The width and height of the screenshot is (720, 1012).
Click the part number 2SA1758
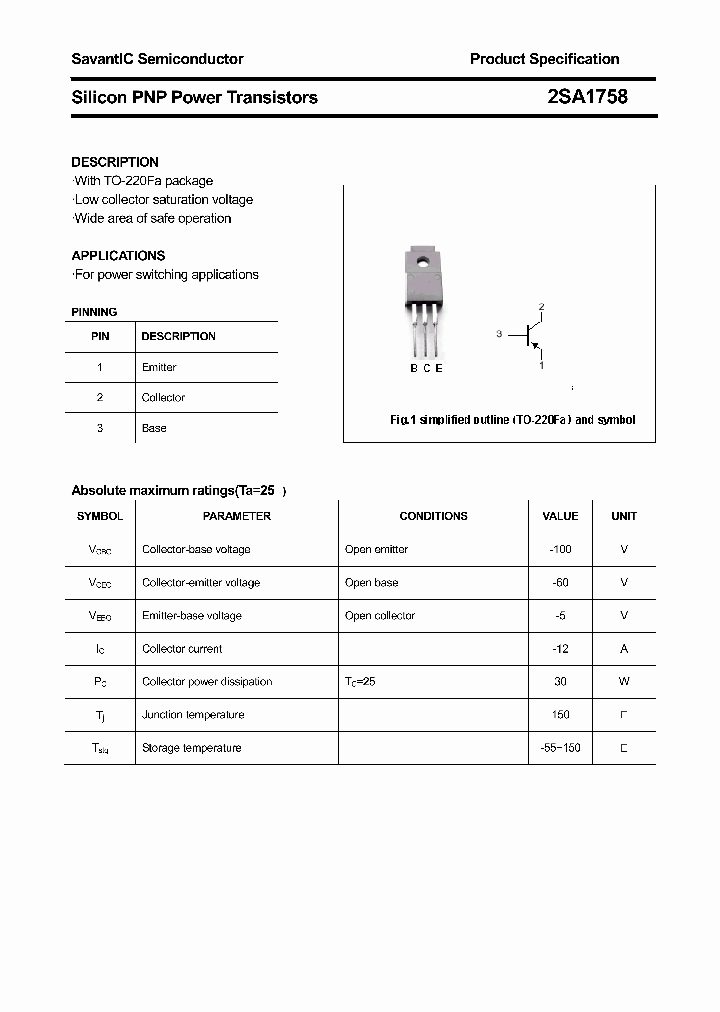coord(587,97)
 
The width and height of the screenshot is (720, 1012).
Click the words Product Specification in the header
coord(544,59)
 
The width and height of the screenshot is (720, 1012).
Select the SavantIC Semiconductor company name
coord(157,59)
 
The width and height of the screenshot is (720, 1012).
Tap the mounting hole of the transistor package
coord(423,264)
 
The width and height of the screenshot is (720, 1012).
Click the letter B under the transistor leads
coord(414,368)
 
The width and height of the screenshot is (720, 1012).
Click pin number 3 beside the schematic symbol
coord(498,334)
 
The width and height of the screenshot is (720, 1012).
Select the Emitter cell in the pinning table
coord(159,367)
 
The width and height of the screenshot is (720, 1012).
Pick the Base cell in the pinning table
coord(154,428)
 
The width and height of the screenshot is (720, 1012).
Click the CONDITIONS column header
coord(433,516)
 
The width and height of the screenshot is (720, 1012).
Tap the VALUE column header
coord(560,516)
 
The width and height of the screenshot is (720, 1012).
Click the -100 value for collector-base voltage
coord(560,549)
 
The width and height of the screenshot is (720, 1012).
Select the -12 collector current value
coord(560,648)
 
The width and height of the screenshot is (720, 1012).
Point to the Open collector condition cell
coord(380,615)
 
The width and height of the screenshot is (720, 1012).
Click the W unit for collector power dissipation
coord(624,681)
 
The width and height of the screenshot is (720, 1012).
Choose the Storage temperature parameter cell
coord(191,747)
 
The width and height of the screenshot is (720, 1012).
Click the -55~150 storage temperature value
coord(560,747)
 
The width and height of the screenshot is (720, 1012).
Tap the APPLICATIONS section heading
coord(118,255)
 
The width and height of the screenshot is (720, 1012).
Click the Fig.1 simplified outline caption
coord(512,420)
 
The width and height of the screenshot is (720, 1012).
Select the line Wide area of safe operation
coord(152,218)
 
